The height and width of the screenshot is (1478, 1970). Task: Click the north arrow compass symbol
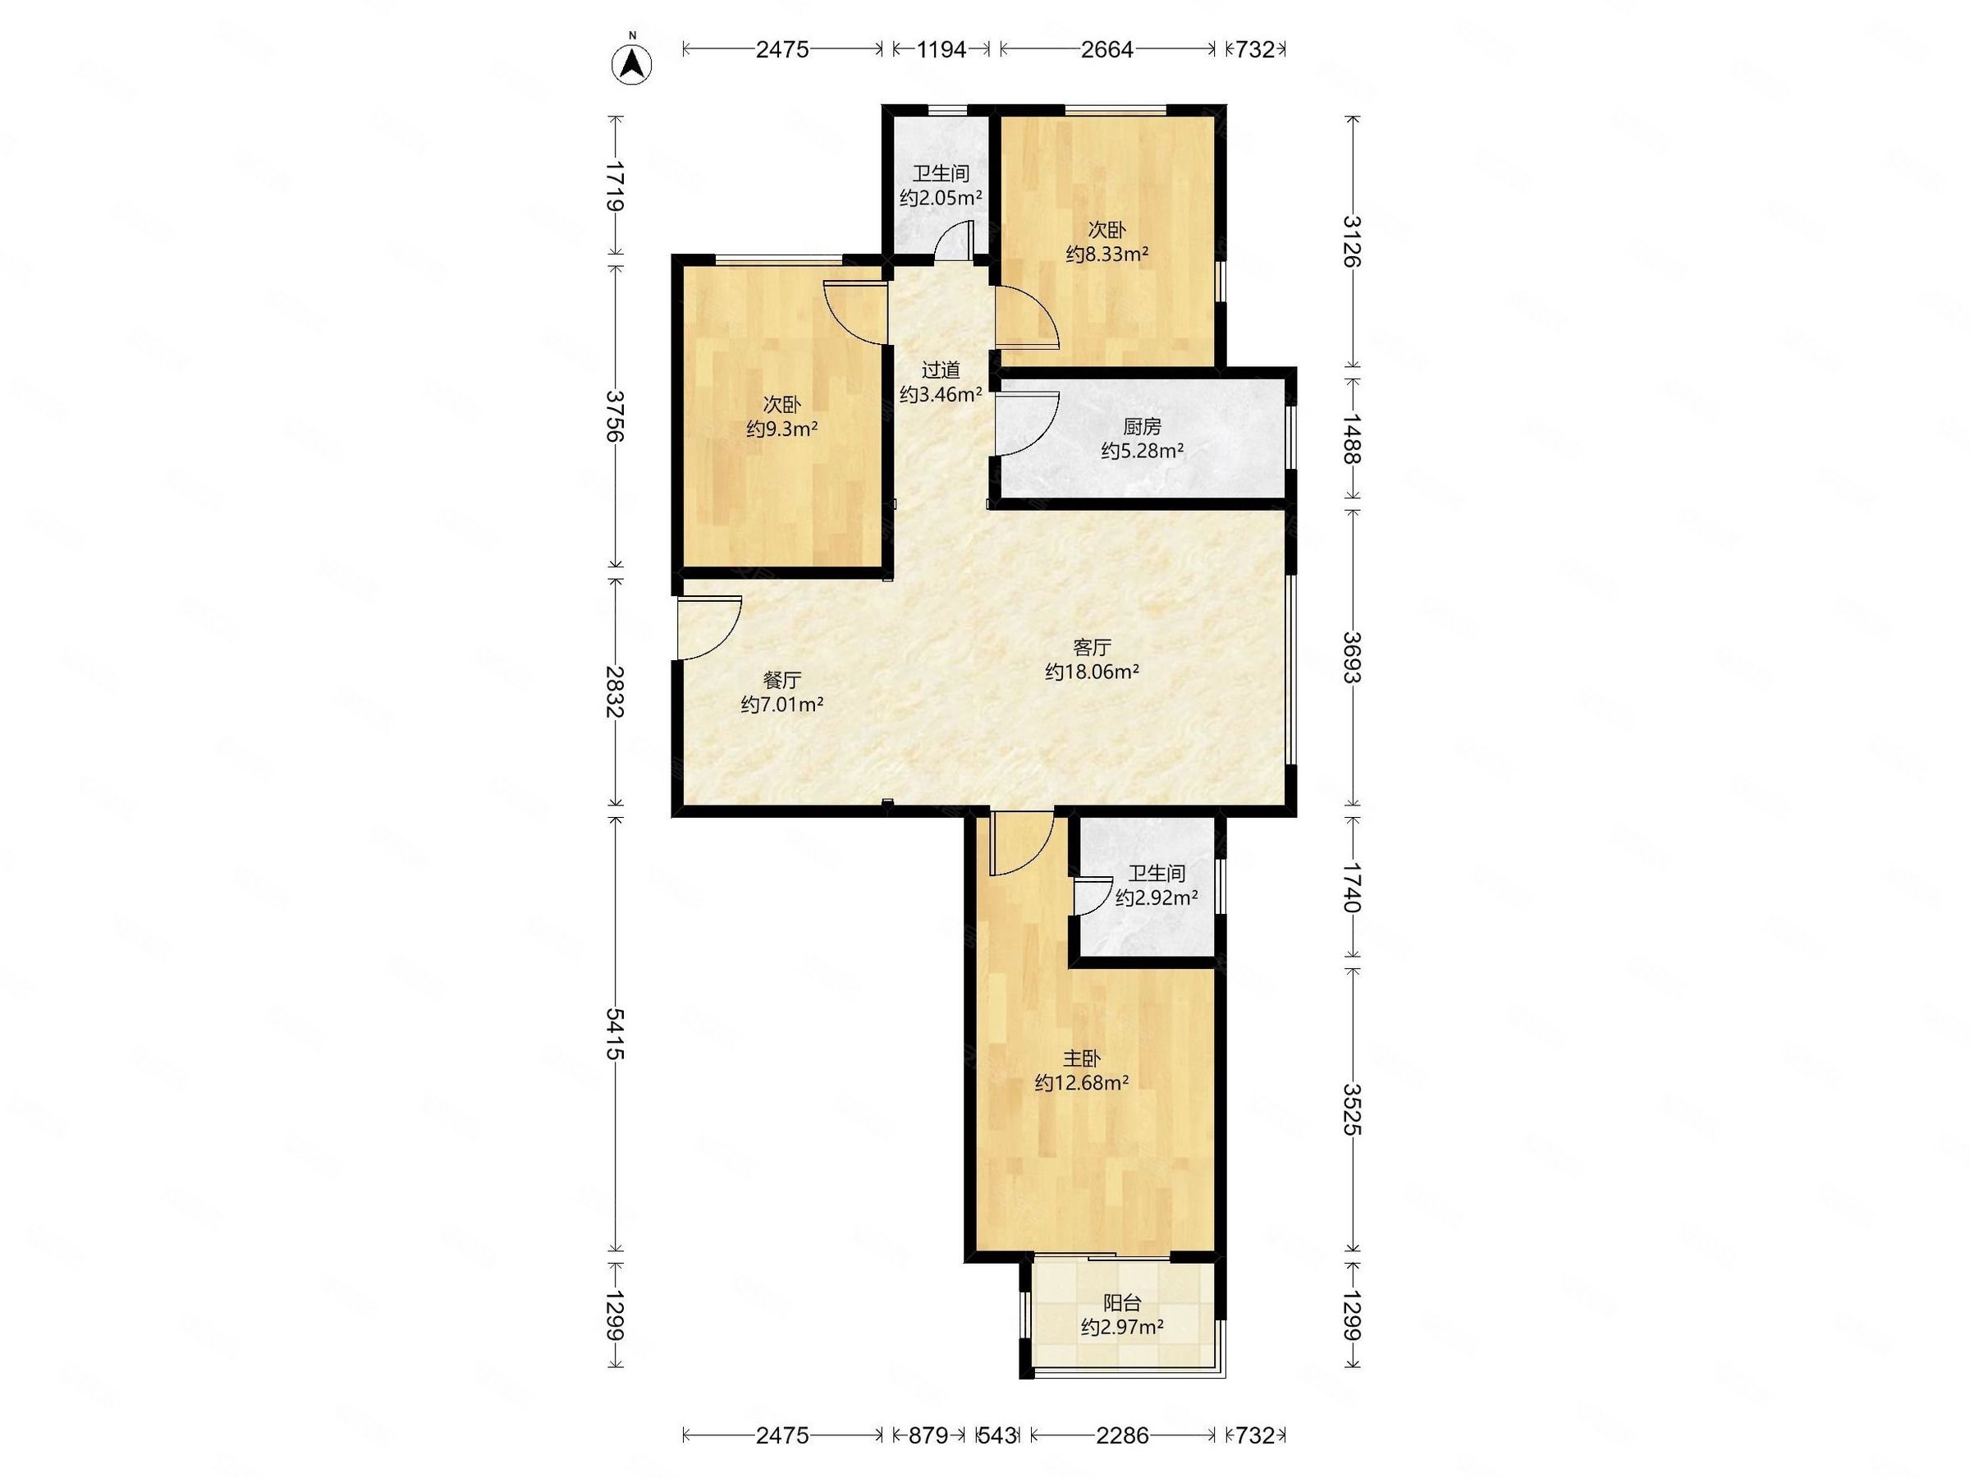click(x=631, y=62)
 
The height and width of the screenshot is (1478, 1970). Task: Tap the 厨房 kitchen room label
click(x=1142, y=426)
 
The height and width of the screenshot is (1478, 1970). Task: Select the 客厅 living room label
click(x=1092, y=647)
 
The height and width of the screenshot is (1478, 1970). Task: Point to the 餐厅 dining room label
click(x=782, y=681)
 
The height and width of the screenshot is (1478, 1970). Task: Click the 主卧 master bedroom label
click(x=1082, y=1058)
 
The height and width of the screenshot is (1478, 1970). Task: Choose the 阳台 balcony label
click(x=1122, y=1302)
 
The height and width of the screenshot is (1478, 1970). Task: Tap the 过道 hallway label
click(x=941, y=369)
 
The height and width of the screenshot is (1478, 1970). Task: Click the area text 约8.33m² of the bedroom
click(x=1107, y=254)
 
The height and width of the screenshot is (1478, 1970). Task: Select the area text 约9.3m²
click(x=782, y=429)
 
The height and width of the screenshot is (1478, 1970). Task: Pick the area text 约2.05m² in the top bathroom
click(x=941, y=198)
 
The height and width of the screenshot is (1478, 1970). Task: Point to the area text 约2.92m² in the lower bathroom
click(x=1156, y=898)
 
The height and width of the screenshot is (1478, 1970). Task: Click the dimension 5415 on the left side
click(x=615, y=1034)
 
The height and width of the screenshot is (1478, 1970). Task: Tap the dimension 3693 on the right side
click(x=1352, y=658)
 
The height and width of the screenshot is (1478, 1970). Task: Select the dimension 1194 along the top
click(x=941, y=50)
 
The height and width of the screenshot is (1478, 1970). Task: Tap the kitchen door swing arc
click(x=1027, y=424)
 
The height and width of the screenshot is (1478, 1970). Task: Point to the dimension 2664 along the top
click(x=1107, y=50)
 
